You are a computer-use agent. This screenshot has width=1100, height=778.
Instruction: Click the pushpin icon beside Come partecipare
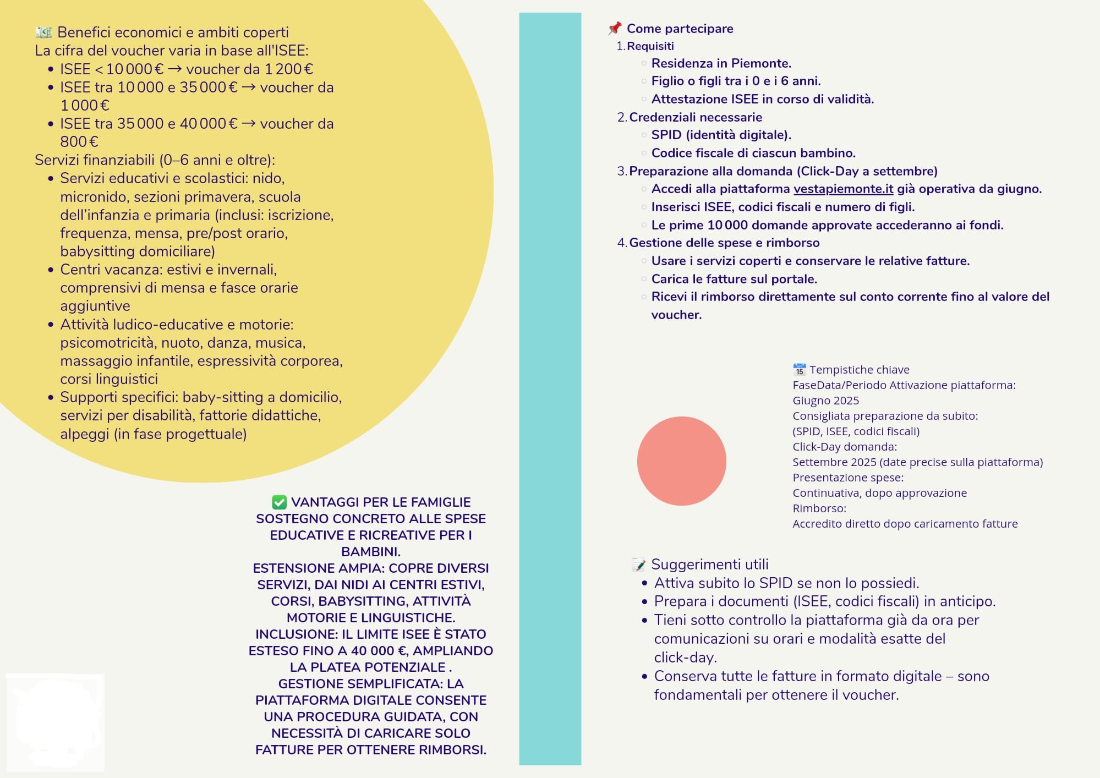(614, 28)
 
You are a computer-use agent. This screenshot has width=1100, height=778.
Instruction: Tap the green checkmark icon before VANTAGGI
(279, 502)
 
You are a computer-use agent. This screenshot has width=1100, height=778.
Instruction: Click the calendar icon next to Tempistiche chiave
(799, 370)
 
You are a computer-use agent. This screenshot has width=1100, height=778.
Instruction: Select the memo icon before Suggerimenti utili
(638, 565)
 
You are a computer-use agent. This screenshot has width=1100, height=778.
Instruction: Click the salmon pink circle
(681, 461)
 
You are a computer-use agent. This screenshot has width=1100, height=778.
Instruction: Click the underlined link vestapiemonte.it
(843, 189)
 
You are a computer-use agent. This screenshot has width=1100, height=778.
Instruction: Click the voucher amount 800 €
(79, 142)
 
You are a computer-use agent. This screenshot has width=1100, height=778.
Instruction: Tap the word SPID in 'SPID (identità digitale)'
(666, 135)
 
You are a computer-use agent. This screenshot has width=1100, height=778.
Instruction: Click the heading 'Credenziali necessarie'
(696, 117)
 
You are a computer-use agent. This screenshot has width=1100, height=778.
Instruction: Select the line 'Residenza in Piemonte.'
(721, 63)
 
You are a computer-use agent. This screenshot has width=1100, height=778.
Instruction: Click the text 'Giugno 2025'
(825, 401)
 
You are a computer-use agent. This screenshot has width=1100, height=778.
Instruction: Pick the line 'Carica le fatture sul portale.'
(734, 279)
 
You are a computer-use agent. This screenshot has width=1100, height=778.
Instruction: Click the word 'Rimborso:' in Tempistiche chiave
(819, 508)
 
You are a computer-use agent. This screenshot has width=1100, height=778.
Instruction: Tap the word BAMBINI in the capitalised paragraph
(370, 551)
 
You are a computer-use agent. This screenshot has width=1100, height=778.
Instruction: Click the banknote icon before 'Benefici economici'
(43, 32)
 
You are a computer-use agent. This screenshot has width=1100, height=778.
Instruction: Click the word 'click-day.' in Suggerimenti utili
(685, 658)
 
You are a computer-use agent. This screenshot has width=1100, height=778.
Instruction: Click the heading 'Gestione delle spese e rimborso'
(724, 243)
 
